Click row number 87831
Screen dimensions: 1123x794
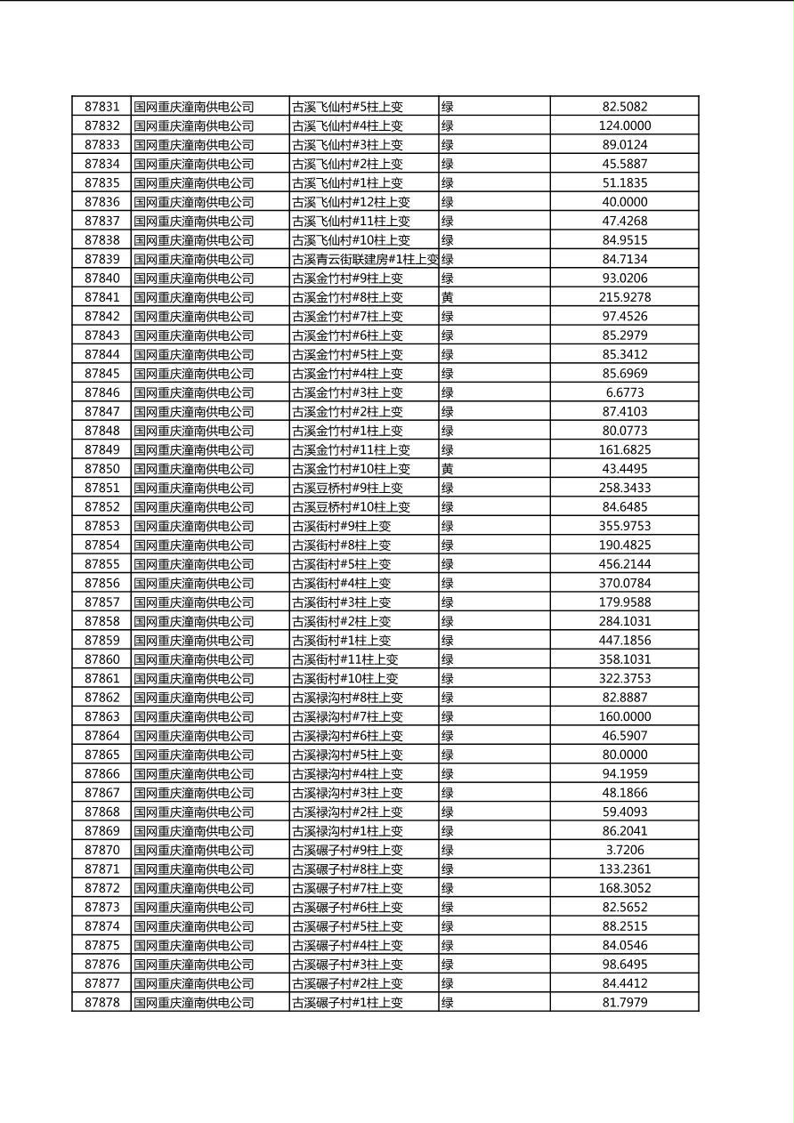point(101,107)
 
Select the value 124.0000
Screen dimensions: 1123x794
point(624,125)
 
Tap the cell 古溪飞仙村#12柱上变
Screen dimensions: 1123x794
point(352,202)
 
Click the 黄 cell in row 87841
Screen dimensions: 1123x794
point(448,297)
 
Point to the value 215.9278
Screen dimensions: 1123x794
point(624,297)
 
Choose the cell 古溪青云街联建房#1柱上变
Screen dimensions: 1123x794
point(365,259)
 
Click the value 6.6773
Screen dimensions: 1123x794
point(624,392)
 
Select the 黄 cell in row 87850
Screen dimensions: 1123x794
point(448,469)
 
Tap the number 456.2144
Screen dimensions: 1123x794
point(624,564)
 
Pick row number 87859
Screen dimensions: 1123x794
point(101,640)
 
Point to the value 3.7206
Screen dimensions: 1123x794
point(624,850)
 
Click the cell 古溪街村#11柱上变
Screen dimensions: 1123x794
point(345,659)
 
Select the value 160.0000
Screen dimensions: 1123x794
point(624,716)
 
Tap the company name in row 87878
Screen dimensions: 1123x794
point(194,1002)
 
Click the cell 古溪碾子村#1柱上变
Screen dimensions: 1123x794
point(348,1002)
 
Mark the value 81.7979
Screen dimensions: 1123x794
point(624,1002)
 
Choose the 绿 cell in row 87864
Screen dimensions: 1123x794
point(448,735)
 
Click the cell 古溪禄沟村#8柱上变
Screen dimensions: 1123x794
point(348,698)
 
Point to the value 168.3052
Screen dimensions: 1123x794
point(624,888)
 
